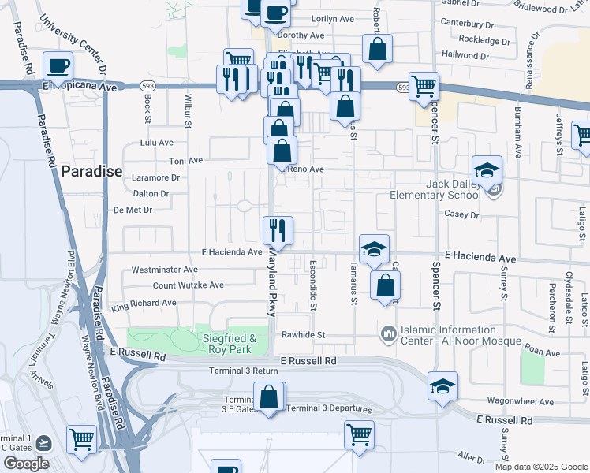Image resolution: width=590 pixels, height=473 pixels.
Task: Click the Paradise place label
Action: (92, 171)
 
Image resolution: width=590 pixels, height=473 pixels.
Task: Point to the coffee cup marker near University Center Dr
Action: (58, 65)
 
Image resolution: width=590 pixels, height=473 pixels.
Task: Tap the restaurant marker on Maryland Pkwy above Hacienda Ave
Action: (278, 230)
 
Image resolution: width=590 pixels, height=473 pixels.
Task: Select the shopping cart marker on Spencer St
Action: (424, 86)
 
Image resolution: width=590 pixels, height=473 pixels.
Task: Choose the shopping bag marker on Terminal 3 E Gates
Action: (269, 396)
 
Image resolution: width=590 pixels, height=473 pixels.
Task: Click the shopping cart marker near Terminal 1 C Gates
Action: (81, 439)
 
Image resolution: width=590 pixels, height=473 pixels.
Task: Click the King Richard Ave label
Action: (144, 303)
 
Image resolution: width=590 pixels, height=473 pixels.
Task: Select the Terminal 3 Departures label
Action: (326, 408)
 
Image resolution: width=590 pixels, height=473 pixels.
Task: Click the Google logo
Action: (25, 464)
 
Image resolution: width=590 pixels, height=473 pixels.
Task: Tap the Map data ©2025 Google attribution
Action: (541, 467)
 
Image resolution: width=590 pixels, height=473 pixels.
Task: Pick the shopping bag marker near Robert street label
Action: (378, 49)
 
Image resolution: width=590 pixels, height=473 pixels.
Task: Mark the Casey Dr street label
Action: (462, 214)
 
